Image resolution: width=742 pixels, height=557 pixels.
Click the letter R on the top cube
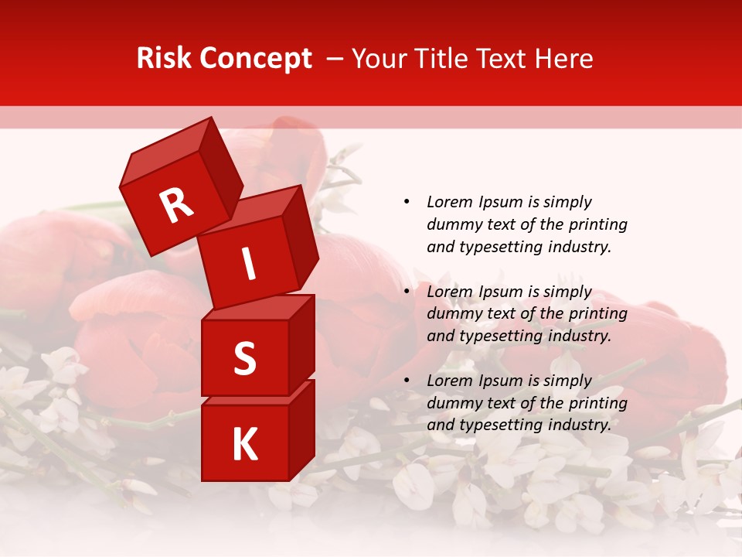176,205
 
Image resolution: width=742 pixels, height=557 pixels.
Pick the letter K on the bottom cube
244,445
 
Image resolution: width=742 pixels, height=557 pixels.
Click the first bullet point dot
407,202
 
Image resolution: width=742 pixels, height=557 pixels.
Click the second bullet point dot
407,292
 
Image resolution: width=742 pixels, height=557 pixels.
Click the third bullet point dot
407,381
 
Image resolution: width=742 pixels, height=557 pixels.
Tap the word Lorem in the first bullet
449,202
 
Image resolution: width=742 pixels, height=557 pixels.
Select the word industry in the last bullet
579,425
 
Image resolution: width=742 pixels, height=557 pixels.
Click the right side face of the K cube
301,429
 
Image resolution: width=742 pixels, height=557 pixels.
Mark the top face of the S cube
259,307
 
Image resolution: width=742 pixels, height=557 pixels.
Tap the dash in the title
335,60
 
